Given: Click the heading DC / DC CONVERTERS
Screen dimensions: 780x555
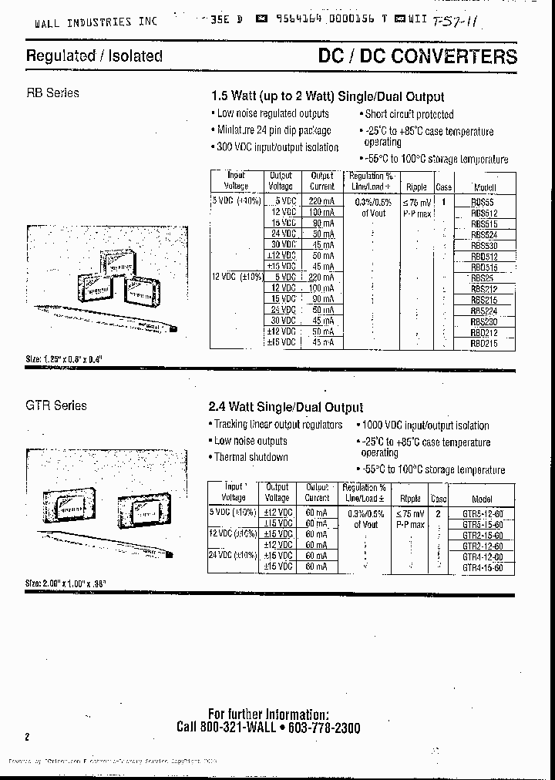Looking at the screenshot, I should coord(418,56).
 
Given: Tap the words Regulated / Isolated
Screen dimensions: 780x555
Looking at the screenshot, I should coord(94,56).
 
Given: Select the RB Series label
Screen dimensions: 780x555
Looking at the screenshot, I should coord(52,92).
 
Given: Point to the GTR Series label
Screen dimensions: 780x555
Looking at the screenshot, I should coord(56,405).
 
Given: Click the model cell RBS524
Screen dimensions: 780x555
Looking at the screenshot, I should coord(484,234).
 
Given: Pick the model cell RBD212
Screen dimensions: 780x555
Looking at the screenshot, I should coord(484,333).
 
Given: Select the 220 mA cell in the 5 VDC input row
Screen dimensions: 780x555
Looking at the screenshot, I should coord(321,200).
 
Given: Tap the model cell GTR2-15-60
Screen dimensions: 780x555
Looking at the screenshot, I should coord(483,536).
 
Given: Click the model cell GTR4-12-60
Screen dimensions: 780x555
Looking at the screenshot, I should coord(483,556).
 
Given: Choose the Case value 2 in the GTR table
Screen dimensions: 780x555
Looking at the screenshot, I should coord(438,513).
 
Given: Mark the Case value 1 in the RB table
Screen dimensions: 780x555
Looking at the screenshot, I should coord(444,200).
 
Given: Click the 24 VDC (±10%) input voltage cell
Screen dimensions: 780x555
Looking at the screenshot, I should coord(232,556).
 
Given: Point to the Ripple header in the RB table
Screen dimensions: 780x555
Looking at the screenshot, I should coord(416,187).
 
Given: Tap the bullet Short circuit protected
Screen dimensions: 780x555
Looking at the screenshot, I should coord(409,114).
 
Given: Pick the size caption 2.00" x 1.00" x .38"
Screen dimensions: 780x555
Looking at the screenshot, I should coord(66,584).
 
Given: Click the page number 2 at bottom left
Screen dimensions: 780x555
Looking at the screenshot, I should coord(27,737).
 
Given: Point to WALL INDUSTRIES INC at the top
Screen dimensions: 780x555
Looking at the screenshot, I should coord(95,22).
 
